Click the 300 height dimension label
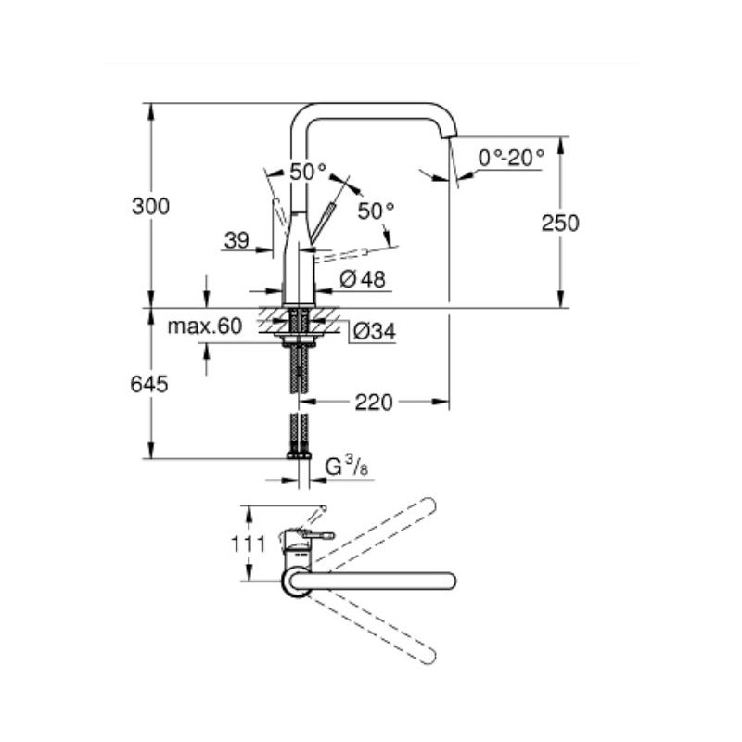click(x=150, y=207)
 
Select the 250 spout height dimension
click(x=560, y=223)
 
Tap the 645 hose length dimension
click(x=150, y=383)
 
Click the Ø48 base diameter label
click(x=363, y=278)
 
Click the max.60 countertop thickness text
click(x=204, y=326)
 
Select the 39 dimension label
click(x=237, y=240)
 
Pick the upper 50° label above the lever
click(x=308, y=172)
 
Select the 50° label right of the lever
click(x=376, y=211)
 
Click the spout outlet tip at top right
click(x=451, y=135)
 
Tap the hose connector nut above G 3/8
click(x=298, y=455)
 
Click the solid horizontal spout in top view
click(x=390, y=582)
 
